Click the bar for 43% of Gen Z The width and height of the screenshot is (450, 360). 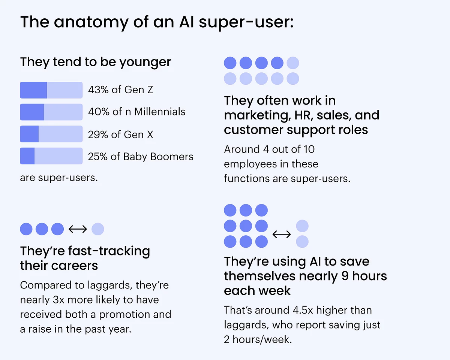coord(51,90)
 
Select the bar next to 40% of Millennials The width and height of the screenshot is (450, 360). coord(51,112)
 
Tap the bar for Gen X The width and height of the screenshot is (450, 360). coord(51,134)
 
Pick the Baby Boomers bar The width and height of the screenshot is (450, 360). coord(51,156)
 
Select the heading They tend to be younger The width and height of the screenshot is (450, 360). coord(95,62)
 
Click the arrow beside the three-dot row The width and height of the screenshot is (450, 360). coord(78,229)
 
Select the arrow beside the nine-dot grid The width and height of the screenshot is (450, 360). coord(281,235)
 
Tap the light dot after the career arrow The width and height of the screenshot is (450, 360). coord(97,229)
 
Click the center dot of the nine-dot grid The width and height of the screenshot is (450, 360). coord(246,226)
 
